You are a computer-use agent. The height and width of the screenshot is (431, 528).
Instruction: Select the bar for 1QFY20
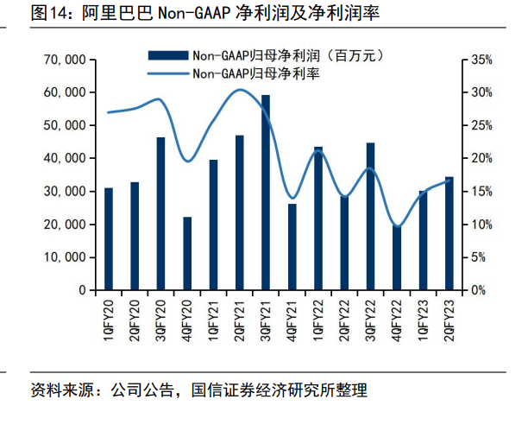coord(109,238)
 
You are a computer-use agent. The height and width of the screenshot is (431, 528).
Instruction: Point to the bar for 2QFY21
coord(239,212)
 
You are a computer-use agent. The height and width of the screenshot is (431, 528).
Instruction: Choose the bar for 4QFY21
coord(292,246)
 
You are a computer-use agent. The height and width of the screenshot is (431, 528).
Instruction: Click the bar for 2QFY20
coord(135,236)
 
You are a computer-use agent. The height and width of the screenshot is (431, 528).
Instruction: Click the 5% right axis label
coord(481,257)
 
